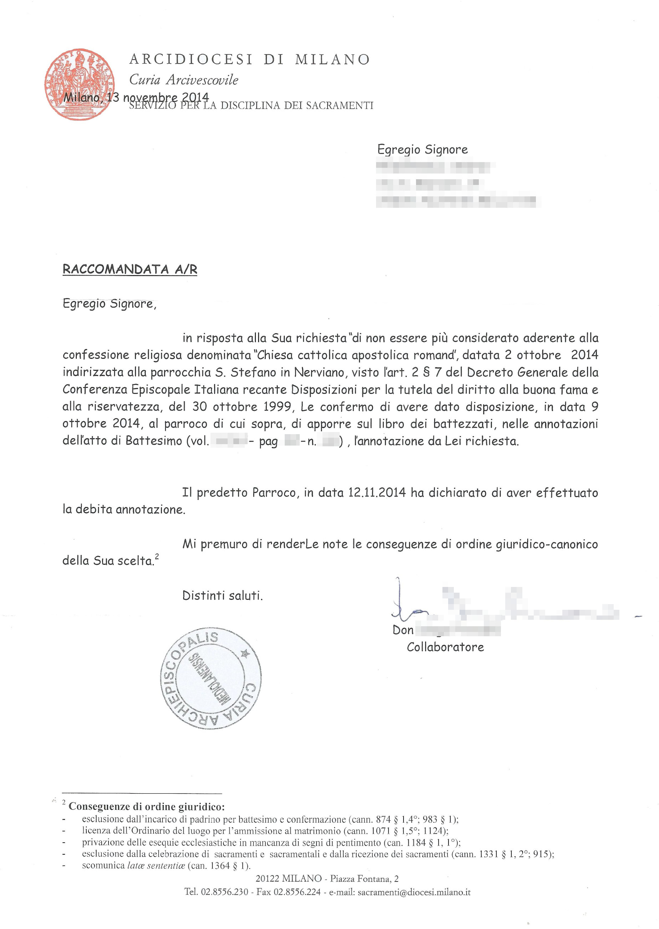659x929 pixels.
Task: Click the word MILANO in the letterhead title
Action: tap(332, 60)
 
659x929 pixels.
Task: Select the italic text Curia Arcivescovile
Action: tap(183, 80)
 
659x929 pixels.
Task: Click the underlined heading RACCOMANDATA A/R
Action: tap(130, 269)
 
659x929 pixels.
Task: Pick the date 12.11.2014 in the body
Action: tap(376, 492)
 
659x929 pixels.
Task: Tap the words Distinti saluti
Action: tap(222, 596)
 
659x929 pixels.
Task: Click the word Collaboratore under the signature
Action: tap(445, 647)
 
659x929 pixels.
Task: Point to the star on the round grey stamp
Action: tap(245, 653)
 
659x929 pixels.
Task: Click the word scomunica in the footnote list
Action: tap(103, 865)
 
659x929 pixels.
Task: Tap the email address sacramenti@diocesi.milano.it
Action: tap(414, 892)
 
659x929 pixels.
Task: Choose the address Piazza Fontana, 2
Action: tap(364, 879)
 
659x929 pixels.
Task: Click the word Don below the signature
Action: tap(402, 630)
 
